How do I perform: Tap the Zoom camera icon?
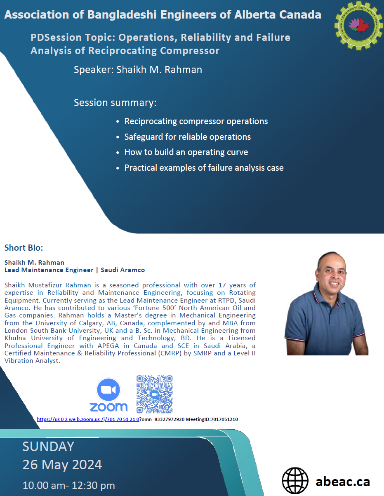pyautogui.click(x=108, y=390)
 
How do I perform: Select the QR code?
pyautogui.click(x=154, y=394)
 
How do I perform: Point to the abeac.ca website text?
pyautogui.click(x=343, y=482)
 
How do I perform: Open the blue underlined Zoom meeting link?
pyautogui.click(x=88, y=419)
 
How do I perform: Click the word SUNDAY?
pyautogui.click(x=48, y=447)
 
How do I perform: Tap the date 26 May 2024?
pyautogui.click(x=62, y=464)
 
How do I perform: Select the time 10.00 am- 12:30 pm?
pyautogui.click(x=69, y=485)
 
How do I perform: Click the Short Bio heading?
pyautogui.click(x=24, y=248)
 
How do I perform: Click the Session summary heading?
pyautogui.click(x=115, y=103)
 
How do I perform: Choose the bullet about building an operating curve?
pyautogui.click(x=186, y=152)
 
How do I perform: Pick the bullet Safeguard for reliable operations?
pyautogui.click(x=187, y=137)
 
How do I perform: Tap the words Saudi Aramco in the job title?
pyautogui.click(x=123, y=270)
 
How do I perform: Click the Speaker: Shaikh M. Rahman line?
pyautogui.click(x=138, y=70)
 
